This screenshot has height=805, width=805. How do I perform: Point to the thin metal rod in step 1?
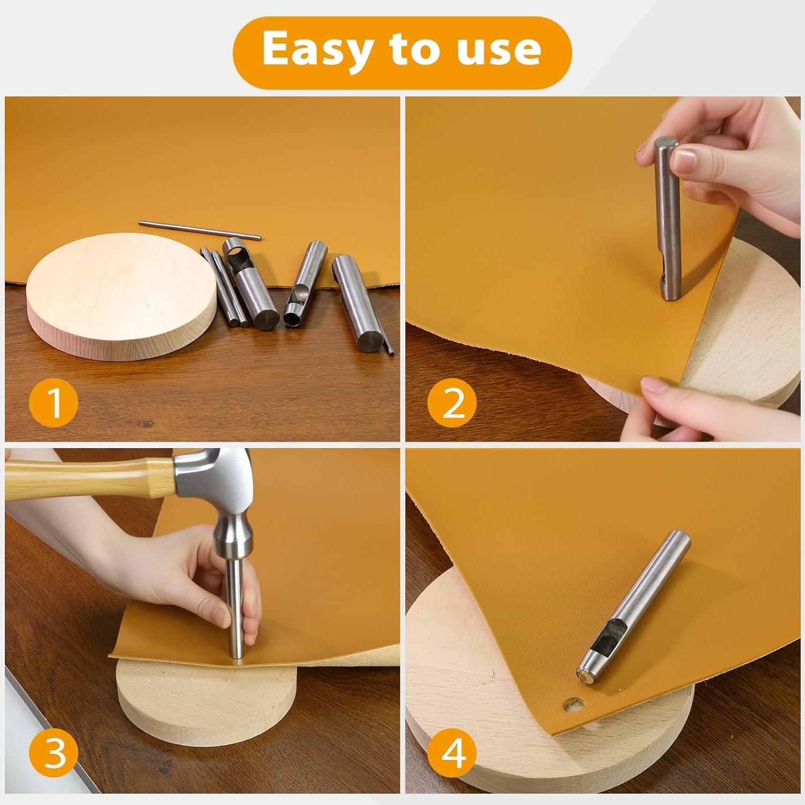coord(200,229)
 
